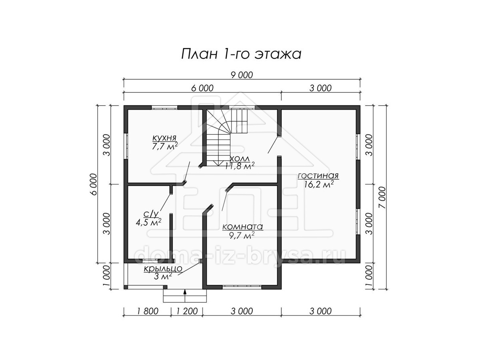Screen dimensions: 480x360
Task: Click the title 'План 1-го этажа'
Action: click(x=241, y=54)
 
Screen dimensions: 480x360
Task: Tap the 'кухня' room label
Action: click(x=164, y=138)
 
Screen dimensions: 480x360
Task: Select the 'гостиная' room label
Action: click(x=318, y=176)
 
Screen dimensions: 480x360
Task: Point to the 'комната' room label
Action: click(x=242, y=227)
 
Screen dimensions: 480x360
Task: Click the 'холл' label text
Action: click(x=240, y=158)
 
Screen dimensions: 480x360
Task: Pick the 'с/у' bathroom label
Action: click(x=151, y=214)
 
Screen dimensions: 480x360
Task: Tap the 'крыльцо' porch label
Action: click(x=163, y=269)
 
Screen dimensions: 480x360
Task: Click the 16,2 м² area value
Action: click(x=319, y=185)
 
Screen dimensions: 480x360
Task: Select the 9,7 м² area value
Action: click(x=242, y=236)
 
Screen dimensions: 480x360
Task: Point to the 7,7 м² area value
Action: click(x=165, y=146)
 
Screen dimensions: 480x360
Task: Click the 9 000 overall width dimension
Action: click(x=242, y=75)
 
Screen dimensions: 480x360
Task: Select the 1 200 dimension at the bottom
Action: click(x=187, y=311)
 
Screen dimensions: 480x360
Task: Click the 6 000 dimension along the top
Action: click(x=202, y=88)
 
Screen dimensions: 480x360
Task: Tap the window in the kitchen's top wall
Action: click(x=164, y=107)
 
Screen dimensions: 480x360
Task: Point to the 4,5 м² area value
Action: click(x=148, y=222)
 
